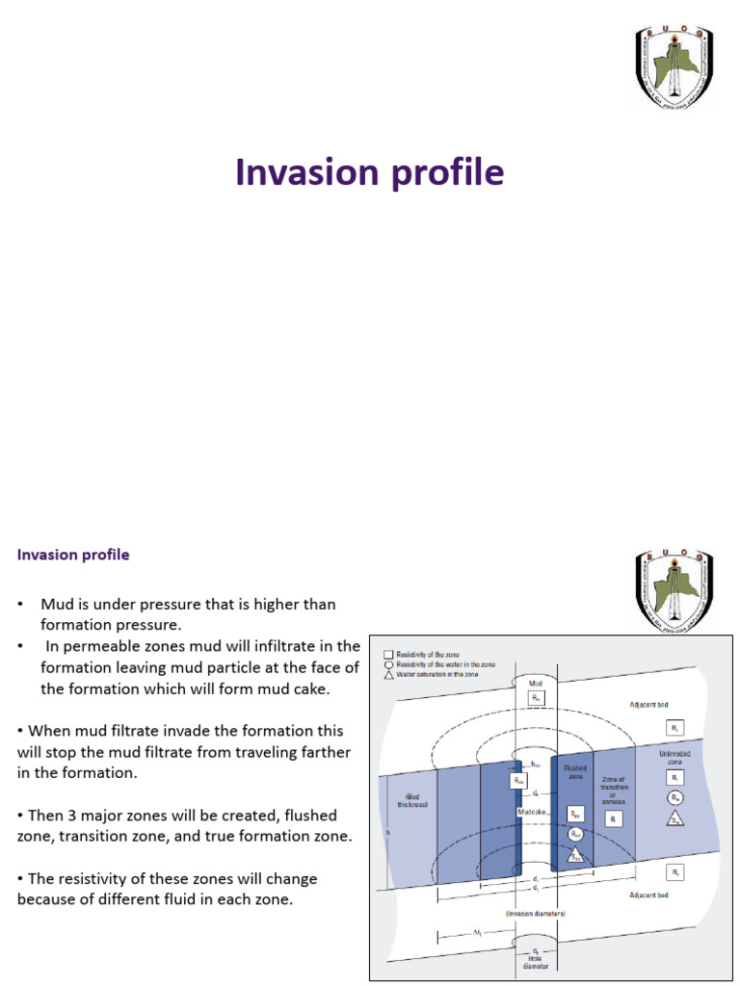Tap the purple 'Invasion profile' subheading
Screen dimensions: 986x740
point(73,556)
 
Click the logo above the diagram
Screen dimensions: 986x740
point(674,588)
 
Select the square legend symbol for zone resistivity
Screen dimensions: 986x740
point(387,654)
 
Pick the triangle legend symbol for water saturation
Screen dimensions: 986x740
point(387,674)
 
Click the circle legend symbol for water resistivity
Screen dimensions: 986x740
point(387,664)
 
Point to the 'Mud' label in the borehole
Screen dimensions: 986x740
point(536,684)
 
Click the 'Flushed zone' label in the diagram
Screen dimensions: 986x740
point(574,772)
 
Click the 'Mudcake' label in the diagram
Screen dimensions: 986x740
point(533,812)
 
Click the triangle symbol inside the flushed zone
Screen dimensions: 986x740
point(575,854)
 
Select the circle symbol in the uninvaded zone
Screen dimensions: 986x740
point(675,798)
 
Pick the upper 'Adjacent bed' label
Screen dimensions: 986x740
point(648,705)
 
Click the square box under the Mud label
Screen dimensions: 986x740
point(536,697)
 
